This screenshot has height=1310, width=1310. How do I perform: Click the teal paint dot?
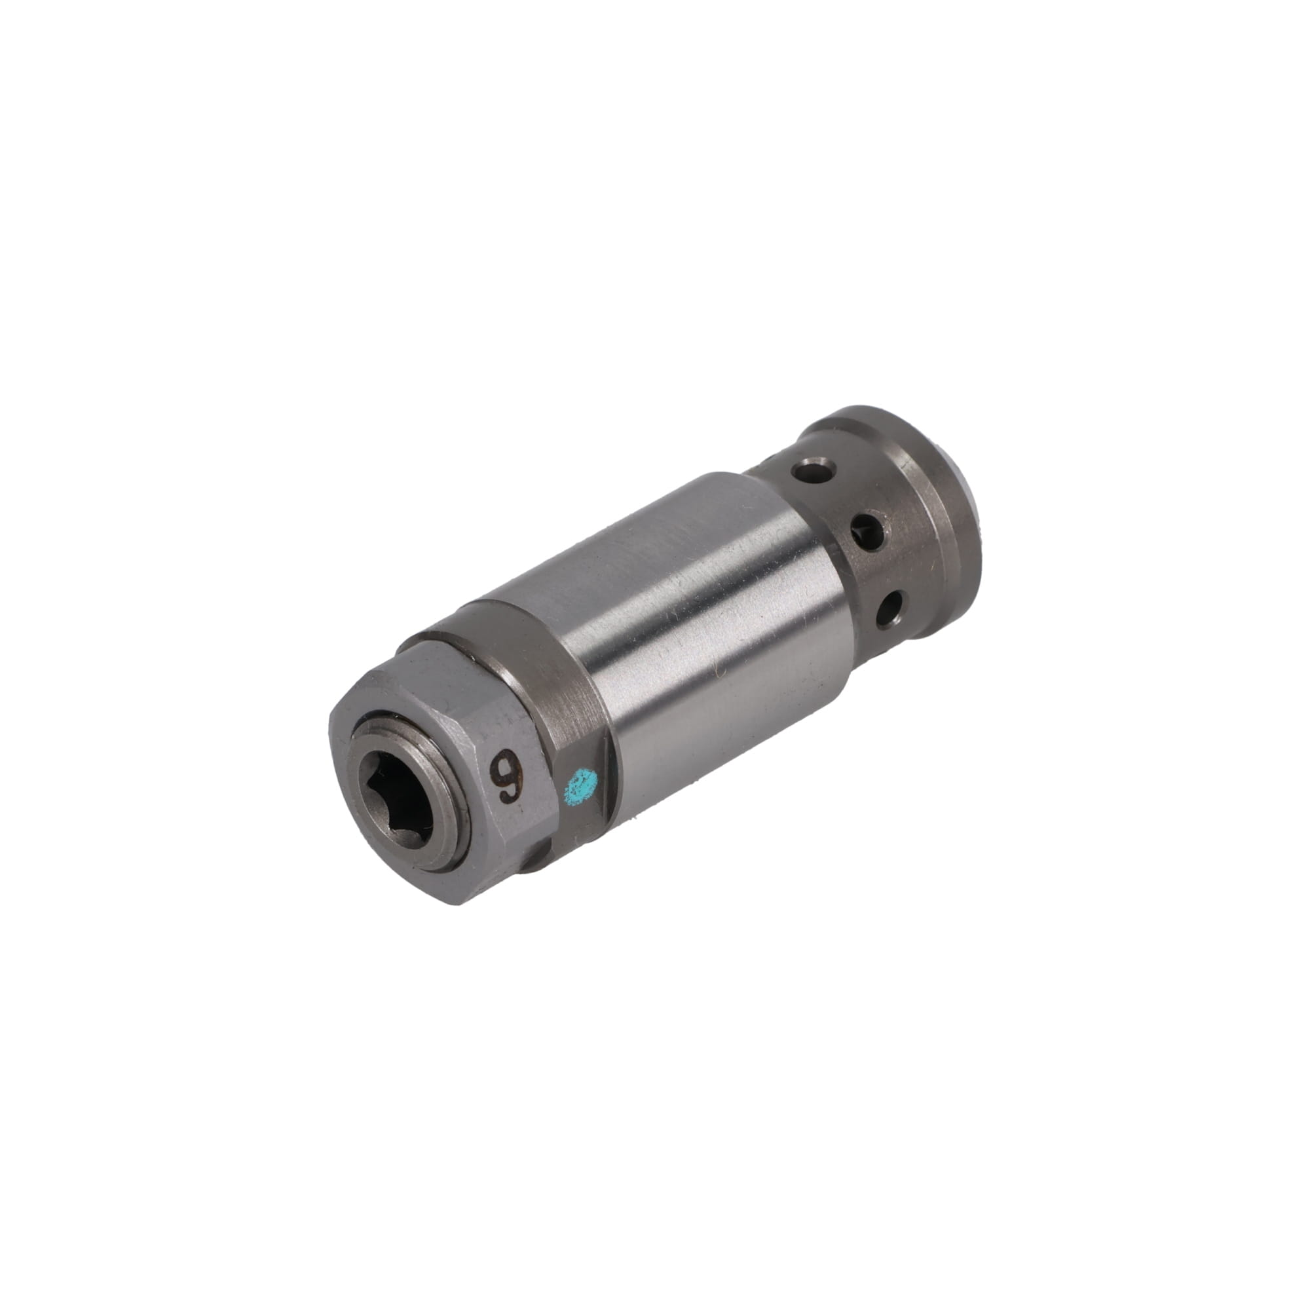pyautogui.click(x=582, y=787)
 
